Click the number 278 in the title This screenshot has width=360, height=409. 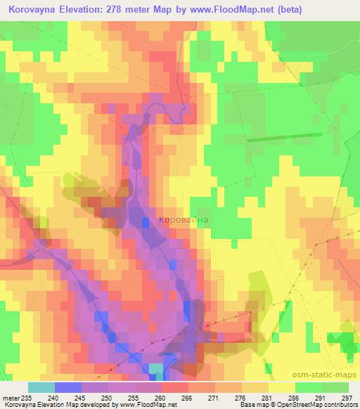[132, 11]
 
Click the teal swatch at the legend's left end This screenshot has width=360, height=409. [41, 387]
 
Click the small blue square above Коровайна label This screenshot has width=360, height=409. [146, 222]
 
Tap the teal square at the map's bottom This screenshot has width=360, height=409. [155, 368]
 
